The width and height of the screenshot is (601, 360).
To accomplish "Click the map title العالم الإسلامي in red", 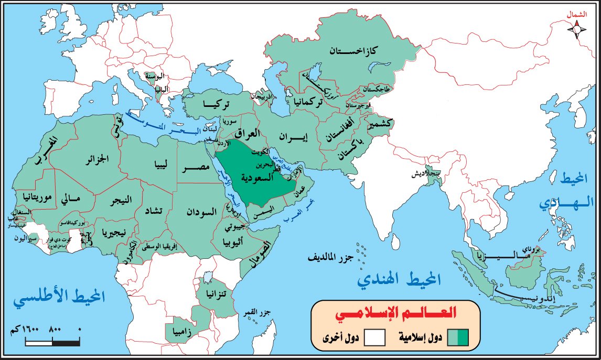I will point(394,314).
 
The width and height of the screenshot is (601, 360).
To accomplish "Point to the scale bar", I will point(52,342).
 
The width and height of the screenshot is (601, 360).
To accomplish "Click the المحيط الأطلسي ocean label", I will point(60,299).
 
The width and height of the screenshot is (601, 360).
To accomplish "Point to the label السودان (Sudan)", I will point(201,212).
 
